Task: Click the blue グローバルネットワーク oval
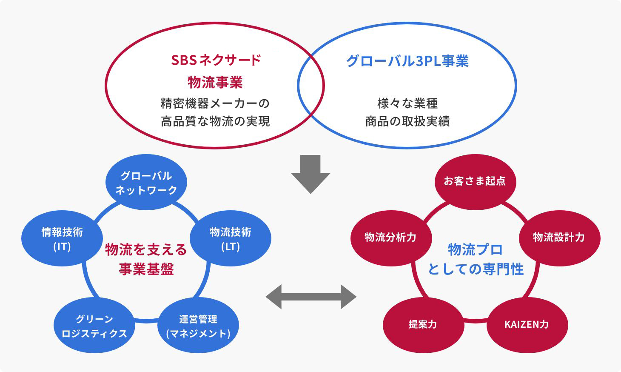(146, 183)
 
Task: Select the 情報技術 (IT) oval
(62, 239)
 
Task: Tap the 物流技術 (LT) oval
(230, 239)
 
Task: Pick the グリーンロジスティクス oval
(94, 326)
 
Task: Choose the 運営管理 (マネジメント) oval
(198, 326)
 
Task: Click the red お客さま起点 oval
(475, 181)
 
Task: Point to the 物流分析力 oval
(390, 238)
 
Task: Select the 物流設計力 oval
(559, 238)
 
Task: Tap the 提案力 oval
(423, 324)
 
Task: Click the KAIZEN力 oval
(527, 324)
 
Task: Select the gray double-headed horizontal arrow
(311, 296)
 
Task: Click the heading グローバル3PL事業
(407, 61)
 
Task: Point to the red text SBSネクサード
(216, 60)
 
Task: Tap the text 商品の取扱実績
(407, 121)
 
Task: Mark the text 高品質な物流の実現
(215, 121)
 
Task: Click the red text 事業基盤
(146, 269)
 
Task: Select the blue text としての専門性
(476, 269)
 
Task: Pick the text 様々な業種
(407, 103)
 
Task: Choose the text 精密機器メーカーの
(215, 103)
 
